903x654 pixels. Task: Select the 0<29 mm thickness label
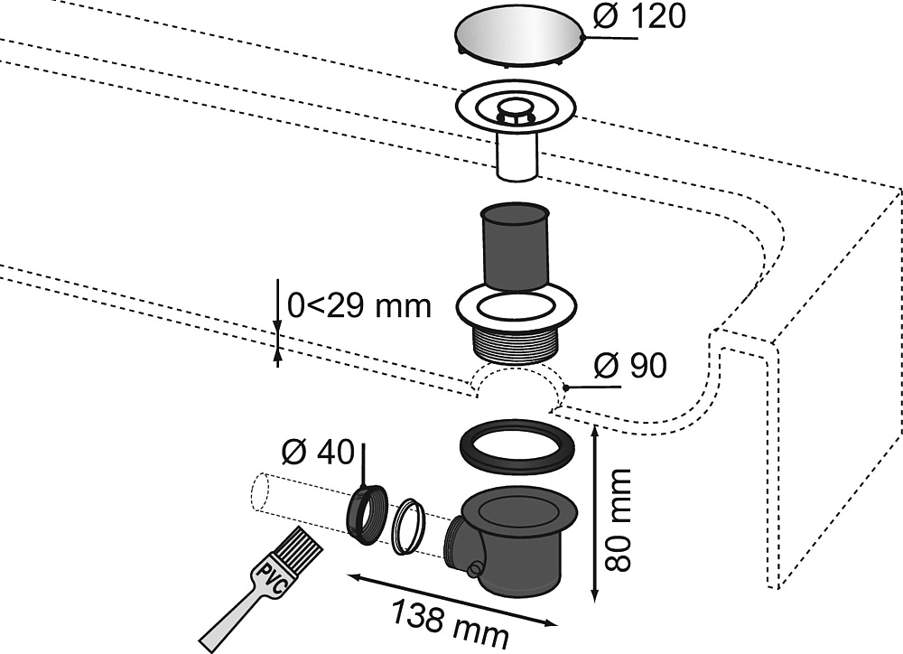358,306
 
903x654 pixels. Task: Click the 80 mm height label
619,519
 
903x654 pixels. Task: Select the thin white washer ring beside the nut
409,526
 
